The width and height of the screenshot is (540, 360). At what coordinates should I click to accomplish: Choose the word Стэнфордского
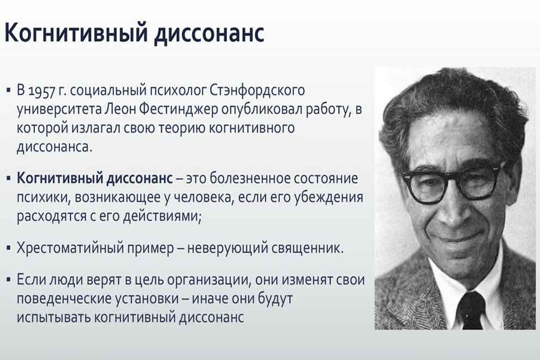(x=257, y=91)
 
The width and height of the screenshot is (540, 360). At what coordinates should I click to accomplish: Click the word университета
(x=59, y=110)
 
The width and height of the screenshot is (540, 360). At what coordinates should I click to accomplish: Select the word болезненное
(x=252, y=178)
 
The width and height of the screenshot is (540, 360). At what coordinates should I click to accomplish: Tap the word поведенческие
(x=64, y=298)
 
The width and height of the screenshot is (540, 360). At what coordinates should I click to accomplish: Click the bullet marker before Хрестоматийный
(x=8, y=248)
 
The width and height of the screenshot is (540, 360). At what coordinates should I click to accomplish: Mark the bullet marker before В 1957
(x=8, y=91)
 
